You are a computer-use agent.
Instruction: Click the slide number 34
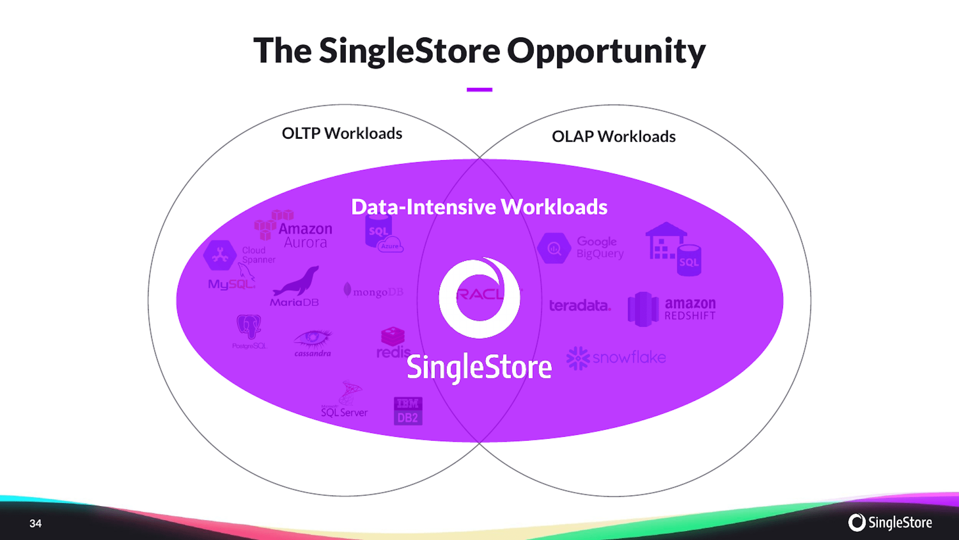[35, 523]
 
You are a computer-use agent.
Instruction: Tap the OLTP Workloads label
[342, 133]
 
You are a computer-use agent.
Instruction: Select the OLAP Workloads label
[614, 137]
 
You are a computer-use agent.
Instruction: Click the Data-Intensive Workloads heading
[479, 207]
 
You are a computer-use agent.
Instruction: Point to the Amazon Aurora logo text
[305, 236]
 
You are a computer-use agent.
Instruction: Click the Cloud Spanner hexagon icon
[220, 255]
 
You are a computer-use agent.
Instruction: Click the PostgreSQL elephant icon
[249, 326]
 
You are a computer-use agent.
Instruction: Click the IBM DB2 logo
[408, 411]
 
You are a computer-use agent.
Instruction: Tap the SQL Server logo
[345, 401]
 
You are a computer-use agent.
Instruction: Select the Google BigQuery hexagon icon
[554, 248]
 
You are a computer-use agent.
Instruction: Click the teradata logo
[580, 306]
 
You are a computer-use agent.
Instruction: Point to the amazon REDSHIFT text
[690, 309]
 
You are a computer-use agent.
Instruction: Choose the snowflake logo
[617, 358]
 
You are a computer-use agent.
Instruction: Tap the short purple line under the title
[479, 90]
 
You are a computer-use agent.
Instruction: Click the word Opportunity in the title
[606, 51]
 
